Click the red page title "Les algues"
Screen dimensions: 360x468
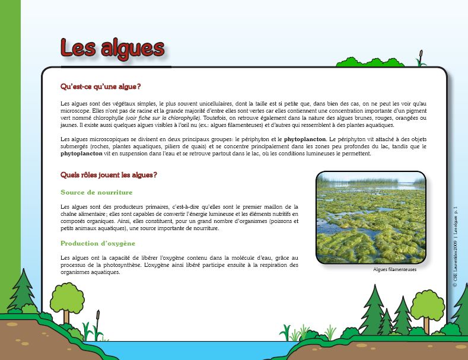click(x=112, y=48)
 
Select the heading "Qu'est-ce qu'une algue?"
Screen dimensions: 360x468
click(x=100, y=87)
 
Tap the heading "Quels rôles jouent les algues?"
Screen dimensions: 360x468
click(x=109, y=175)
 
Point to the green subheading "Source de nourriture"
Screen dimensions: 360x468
click(x=96, y=193)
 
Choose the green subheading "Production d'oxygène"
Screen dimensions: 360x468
click(x=98, y=243)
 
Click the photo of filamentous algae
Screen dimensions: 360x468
click(x=371, y=217)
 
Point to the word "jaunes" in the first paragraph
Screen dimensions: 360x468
click(x=69, y=125)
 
